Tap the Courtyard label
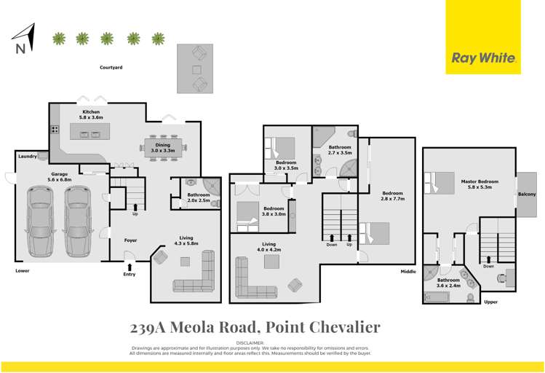point(111,68)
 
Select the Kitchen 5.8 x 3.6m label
point(91,114)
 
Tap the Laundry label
point(28,156)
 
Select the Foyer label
point(130,240)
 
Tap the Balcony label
point(526,195)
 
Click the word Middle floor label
point(408,272)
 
